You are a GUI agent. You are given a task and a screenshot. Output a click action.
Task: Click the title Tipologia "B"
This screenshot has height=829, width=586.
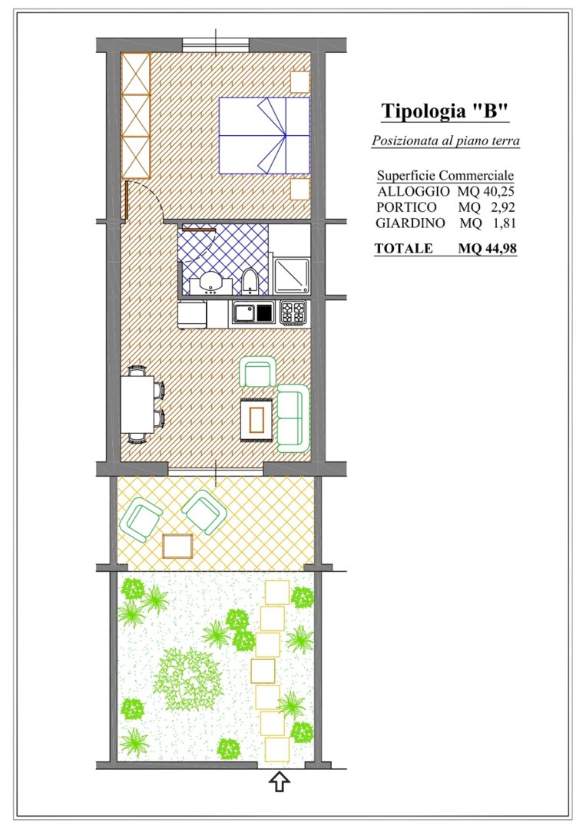click(445, 111)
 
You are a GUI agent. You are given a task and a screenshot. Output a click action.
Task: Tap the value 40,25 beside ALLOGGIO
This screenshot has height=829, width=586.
click(498, 191)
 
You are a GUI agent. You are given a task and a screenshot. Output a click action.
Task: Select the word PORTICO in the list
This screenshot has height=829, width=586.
click(406, 207)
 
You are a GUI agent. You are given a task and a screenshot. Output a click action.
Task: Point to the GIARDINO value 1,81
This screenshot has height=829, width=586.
click(504, 223)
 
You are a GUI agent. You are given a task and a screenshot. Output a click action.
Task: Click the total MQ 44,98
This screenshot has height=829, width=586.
click(487, 248)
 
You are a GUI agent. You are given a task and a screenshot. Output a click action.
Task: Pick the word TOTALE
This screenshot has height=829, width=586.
click(403, 248)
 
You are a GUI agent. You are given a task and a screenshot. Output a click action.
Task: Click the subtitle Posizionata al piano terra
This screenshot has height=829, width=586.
click(445, 140)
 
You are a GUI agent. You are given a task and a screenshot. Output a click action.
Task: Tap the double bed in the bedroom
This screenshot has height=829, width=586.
click(264, 135)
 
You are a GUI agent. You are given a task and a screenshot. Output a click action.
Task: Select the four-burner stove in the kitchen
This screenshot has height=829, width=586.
click(293, 312)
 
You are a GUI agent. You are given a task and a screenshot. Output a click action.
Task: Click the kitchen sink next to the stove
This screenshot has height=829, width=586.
click(253, 312)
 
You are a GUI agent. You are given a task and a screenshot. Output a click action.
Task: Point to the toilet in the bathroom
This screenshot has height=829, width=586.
click(250, 282)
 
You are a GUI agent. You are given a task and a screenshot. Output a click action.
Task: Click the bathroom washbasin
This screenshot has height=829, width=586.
click(211, 285)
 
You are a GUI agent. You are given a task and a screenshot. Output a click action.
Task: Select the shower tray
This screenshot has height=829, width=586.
click(290, 276)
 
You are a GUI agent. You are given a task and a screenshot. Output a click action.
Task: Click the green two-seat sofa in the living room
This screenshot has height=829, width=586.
click(293, 418)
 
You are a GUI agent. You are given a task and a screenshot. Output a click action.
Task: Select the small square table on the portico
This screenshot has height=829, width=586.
click(177, 547)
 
